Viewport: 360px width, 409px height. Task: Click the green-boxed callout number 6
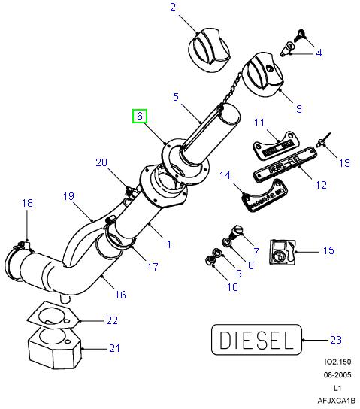140,117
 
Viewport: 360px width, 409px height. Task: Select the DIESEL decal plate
255,341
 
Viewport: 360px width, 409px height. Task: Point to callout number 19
68,196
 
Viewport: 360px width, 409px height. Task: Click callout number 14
224,176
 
